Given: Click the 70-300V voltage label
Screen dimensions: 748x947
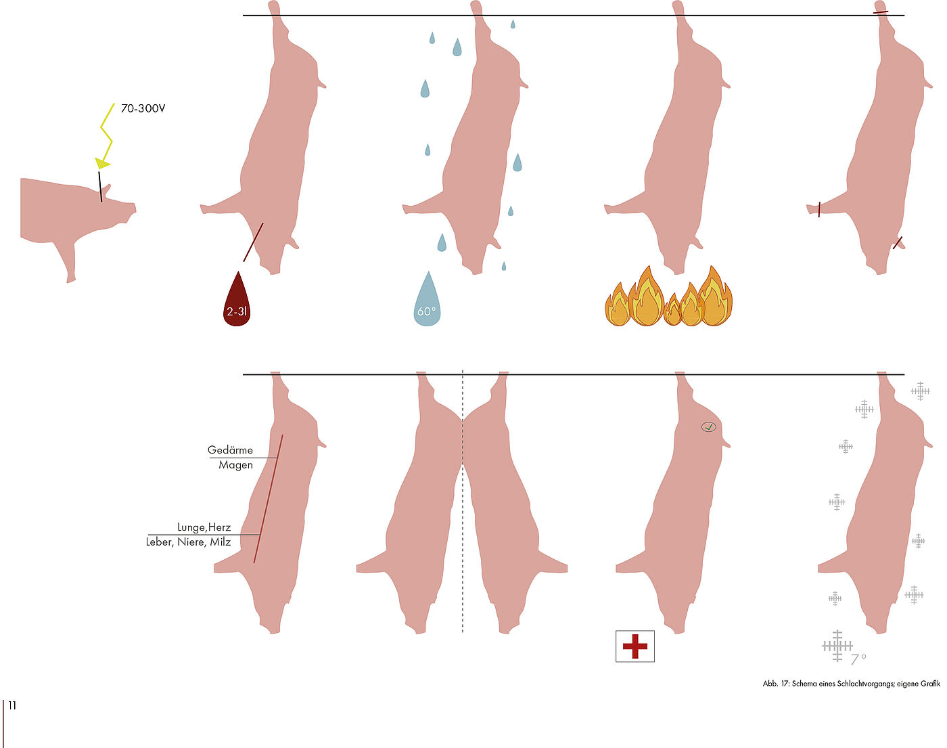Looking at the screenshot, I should click(143, 108).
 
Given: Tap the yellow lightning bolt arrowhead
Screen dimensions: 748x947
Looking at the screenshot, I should click(102, 163).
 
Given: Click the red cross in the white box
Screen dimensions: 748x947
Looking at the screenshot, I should click(634, 646).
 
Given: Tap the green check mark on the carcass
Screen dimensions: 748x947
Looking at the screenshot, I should click(708, 426).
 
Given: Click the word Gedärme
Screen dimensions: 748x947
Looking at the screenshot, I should click(230, 450).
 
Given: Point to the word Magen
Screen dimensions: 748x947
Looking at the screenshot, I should click(235, 465).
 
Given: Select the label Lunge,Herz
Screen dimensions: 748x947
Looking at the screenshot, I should click(204, 527).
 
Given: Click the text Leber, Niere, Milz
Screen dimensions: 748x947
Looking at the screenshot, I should click(189, 542).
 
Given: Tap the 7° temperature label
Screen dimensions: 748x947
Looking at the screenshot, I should click(858, 658).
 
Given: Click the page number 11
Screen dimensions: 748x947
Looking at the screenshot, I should click(12, 705).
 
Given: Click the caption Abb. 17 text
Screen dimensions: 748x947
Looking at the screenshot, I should click(851, 684).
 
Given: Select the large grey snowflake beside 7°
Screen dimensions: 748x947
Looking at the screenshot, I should click(837, 646).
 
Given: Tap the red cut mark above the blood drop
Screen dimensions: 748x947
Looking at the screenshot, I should click(254, 242).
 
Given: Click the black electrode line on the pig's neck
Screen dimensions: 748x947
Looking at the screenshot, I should click(100, 187).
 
